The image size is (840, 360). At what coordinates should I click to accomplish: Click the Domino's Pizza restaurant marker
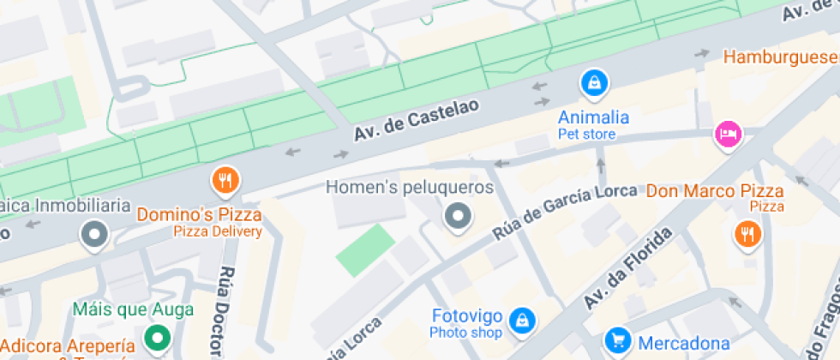point(225,180)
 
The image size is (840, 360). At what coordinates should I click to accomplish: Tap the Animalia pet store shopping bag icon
point(593,83)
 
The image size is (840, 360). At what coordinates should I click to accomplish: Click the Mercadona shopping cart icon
point(617,342)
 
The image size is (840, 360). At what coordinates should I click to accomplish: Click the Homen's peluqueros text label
point(411,187)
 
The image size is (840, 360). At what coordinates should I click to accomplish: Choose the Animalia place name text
point(594,117)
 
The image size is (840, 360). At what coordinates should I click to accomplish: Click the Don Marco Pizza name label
point(716,190)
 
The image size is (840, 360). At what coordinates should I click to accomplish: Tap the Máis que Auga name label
point(133,309)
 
